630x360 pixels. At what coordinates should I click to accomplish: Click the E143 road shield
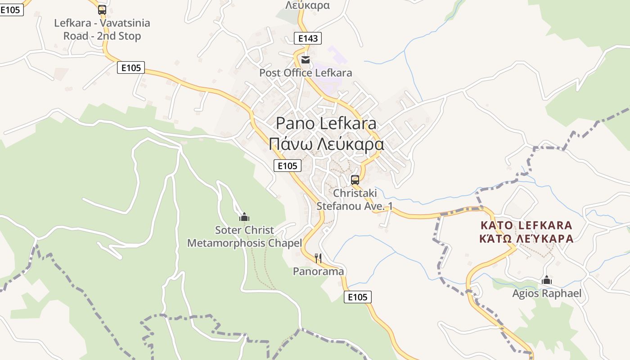pyautogui.click(x=308, y=38)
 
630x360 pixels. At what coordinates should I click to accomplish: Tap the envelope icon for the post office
pyautogui.click(x=306, y=60)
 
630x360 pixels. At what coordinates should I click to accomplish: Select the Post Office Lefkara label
pyautogui.click(x=306, y=73)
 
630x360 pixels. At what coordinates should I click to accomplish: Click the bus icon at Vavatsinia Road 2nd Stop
pyautogui.click(x=102, y=9)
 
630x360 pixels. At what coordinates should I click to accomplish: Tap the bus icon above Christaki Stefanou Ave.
pyautogui.click(x=355, y=180)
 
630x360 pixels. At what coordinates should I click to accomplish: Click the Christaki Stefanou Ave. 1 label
pyautogui.click(x=355, y=199)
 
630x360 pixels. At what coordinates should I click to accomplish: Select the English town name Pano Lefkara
pyautogui.click(x=326, y=123)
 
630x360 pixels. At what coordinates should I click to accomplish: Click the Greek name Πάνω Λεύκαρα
pyautogui.click(x=326, y=144)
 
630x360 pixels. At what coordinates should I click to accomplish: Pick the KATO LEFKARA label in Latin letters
pyautogui.click(x=526, y=225)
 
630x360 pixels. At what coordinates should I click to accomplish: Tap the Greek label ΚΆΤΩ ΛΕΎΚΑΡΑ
pyautogui.click(x=526, y=238)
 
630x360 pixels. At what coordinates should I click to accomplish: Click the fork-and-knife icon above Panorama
pyautogui.click(x=318, y=258)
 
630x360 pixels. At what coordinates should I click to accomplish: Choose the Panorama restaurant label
pyautogui.click(x=318, y=271)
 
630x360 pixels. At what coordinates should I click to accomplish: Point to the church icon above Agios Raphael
pyautogui.click(x=547, y=280)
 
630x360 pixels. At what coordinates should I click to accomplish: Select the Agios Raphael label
pyautogui.click(x=547, y=294)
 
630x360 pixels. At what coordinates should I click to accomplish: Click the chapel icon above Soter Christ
pyautogui.click(x=244, y=217)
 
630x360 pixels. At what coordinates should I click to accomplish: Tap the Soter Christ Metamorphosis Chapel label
pyautogui.click(x=244, y=237)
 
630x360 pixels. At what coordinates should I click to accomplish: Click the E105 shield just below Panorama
pyautogui.click(x=358, y=297)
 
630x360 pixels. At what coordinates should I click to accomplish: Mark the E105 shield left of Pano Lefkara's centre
pyautogui.click(x=288, y=166)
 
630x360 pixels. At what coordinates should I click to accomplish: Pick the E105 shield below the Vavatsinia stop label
pyautogui.click(x=131, y=68)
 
